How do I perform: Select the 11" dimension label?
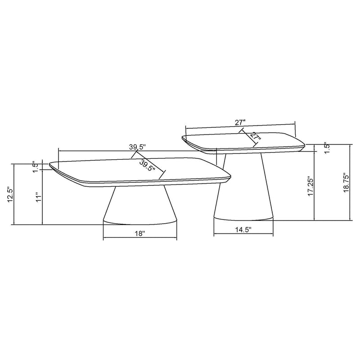pos(39,198)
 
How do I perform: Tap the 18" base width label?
pos(139,233)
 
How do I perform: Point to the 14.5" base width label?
pos(243,230)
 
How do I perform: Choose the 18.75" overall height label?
pos(346,183)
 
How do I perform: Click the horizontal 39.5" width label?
pos(138,147)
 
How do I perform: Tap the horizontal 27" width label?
pos(239,122)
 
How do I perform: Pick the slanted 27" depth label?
pos(255,136)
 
